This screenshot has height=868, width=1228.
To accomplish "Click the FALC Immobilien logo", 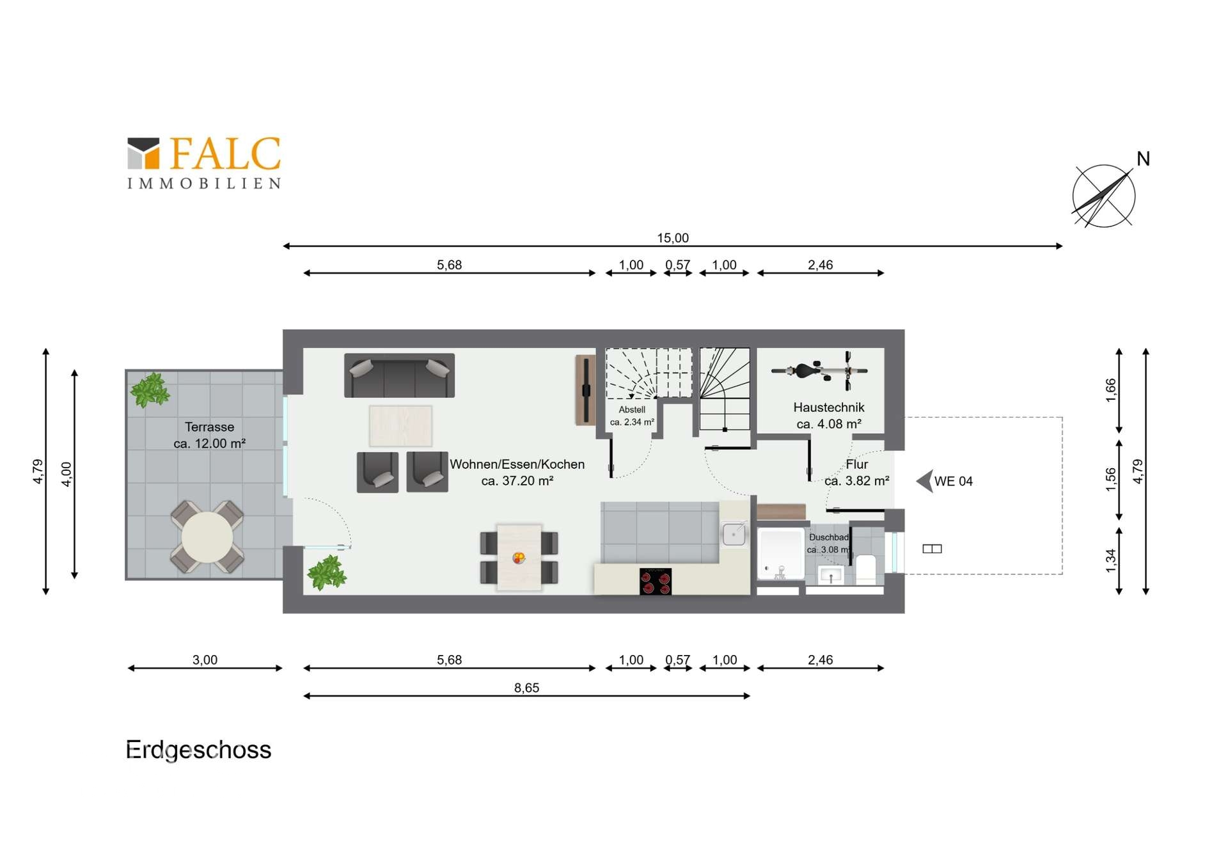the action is point(204,163).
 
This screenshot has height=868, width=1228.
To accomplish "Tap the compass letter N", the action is point(1143,159).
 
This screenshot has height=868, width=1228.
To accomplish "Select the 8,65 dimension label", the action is point(526,688).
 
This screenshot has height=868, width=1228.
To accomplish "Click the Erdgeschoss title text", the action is point(198,750).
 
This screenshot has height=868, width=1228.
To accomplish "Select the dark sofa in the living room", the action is point(399,375).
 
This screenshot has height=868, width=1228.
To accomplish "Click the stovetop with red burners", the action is point(656,581).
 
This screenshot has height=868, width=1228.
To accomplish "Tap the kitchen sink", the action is point(734,534).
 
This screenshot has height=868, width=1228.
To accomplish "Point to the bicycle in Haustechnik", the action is point(820,370).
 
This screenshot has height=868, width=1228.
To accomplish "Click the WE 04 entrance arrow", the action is point(924,481).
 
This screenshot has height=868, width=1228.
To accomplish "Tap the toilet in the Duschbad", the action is point(865,569).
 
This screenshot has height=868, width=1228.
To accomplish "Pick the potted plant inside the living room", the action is point(327,572).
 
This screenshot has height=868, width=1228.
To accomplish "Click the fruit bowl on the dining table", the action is point(519,558).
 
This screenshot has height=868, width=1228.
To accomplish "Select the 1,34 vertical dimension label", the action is point(1111,560).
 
